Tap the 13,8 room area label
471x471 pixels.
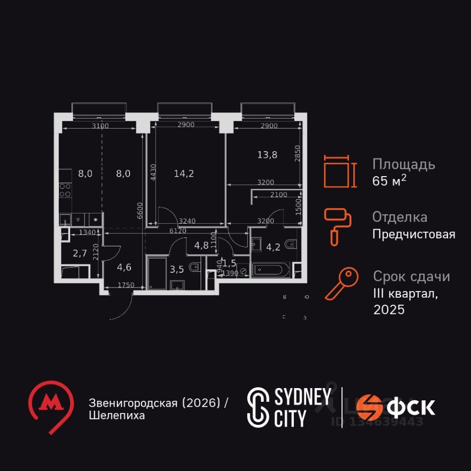pyautogui.click(x=267, y=155)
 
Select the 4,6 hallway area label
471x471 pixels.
pyautogui.click(x=124, y=268)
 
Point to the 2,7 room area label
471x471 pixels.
pyautogui.click(x=80, y=253)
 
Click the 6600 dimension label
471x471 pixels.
pyautogui.click(x=140, y=210)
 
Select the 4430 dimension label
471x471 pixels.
pyautogui.click(x=154, y=173)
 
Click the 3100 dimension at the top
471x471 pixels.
pyautogui.click(x=100, y=126)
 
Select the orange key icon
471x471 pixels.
pyautogui.click(x=339, y=284)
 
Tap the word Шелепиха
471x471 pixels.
pyautogui.click(x=117, y=416)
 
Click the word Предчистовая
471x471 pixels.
pyautogui.click(x=414, y=234)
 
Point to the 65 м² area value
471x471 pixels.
pyautogui.click(x=390, y=181)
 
